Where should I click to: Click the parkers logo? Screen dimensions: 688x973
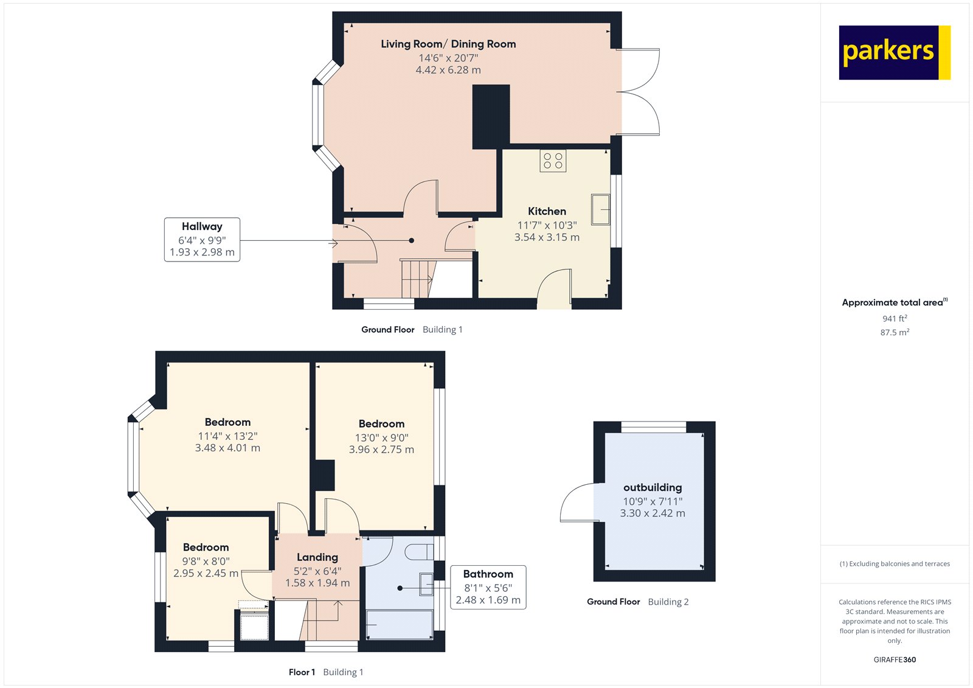(894, 52)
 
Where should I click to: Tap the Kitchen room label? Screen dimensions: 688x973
(547, 211)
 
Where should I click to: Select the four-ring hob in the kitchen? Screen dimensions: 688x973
(553, 161)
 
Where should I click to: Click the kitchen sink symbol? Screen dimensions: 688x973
(600, 210)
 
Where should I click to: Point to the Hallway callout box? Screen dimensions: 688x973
(202, 239)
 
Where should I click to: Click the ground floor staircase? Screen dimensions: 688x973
(417, 279)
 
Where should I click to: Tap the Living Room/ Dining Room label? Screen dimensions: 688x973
(448, 44)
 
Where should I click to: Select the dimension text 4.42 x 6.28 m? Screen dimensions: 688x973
(448, 70)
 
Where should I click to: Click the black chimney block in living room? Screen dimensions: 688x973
(491, 116)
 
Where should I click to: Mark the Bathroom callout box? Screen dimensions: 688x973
(488, 586)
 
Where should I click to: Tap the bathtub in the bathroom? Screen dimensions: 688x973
(400, 625)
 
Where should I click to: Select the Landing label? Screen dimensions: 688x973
(317, 557)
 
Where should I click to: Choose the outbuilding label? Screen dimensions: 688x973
(653, 487)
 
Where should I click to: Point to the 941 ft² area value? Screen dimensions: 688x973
(895, 318)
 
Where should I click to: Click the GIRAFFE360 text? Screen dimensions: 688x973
(895, 659)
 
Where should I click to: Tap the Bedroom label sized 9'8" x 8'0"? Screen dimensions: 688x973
(206, 547)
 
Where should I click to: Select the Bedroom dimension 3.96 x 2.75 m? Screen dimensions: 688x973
(381, 450)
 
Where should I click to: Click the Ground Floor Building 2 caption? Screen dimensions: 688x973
(637, 602)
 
